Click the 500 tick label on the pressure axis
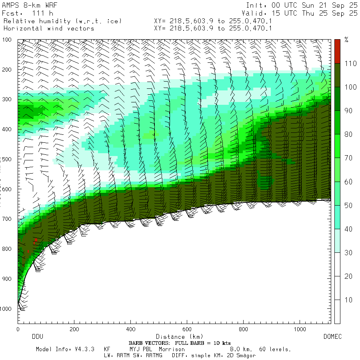click(x=8, y=159)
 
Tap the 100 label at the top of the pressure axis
click(x=8, y=40)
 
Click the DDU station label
click(x=37, y=337)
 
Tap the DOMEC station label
click(x=332, y=337)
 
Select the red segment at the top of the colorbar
click(x=337, y=51)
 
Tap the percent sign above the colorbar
click(x=346, y=40)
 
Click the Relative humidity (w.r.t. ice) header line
click(x=62, y=21)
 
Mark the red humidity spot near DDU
click(x=36, y=240)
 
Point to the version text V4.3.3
click(x=84, y=349)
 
